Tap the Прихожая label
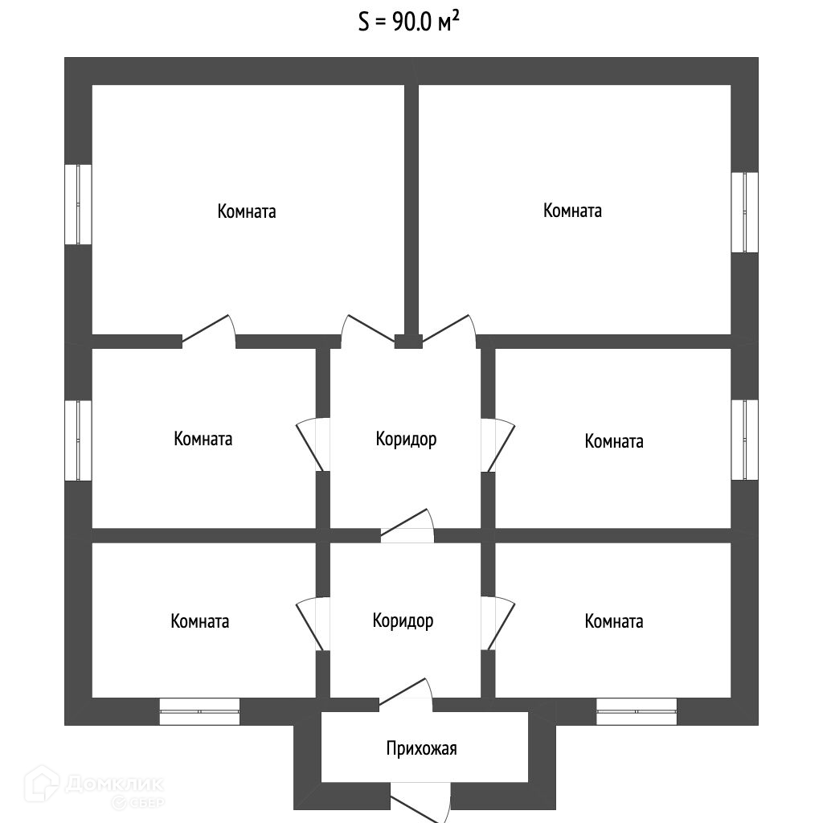[421, 749]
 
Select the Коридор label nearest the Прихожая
[403, 621]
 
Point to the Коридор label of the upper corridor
[406, 440]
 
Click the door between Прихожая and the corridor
[406, 694]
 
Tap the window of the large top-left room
[78, 204]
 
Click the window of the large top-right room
[744, 212]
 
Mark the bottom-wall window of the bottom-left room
[199, 710]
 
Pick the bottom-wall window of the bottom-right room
[636, 710]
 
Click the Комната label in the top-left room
[246, 212]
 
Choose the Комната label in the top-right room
[572, 211]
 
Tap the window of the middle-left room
[78, 440]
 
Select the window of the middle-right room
[744, 439]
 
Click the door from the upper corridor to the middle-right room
[498, 445]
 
